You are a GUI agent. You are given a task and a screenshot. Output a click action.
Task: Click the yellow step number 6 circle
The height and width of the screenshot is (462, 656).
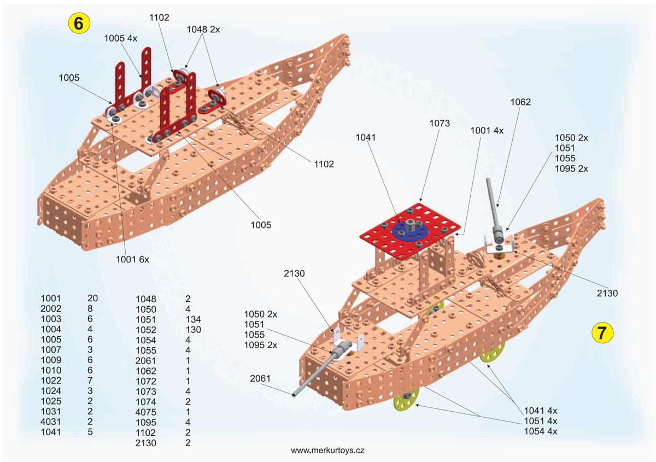[79, 23]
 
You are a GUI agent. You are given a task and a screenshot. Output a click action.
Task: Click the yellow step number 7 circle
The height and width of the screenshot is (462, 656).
[602, 333]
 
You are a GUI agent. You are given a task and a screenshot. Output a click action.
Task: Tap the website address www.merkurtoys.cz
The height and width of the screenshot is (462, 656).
[327, 450]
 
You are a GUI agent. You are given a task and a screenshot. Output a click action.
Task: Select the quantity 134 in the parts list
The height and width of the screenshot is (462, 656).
[194, 319]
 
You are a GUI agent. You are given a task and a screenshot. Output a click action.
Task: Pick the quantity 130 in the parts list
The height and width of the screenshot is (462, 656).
[194, 330]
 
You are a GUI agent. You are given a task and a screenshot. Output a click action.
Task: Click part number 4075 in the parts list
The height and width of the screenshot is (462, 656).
[145, 412]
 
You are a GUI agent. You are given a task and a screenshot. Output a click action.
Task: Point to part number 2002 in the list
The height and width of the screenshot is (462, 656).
[51, 308]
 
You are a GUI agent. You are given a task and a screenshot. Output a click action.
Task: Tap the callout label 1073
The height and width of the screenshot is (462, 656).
[440, 124]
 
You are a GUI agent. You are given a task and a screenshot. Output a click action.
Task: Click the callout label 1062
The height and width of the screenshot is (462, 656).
[520, 102]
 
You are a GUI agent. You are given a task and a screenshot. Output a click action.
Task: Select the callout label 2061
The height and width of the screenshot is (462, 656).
[260, 378]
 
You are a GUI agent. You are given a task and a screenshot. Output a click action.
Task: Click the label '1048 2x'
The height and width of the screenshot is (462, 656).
[203, 30]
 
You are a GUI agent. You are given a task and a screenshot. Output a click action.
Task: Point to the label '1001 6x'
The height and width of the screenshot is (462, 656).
[132, 259]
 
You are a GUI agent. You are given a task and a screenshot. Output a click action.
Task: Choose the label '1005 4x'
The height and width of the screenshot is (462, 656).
[121, 38]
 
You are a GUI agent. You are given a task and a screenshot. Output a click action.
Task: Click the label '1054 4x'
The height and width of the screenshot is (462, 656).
[541, 431]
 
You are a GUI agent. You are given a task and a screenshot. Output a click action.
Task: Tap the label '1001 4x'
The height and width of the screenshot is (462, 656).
[487, 130]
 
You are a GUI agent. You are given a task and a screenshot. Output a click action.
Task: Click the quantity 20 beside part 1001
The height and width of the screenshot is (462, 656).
[92, 298]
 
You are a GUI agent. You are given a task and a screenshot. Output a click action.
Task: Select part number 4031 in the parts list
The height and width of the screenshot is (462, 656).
[51, 422]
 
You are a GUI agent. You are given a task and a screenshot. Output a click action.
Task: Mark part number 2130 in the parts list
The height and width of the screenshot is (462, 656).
[145, 443]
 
